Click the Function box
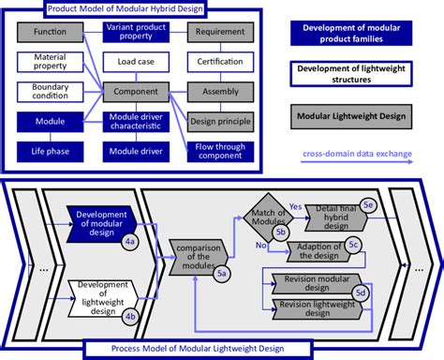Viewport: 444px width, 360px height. (49, 33)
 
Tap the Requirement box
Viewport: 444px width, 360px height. (219, 33)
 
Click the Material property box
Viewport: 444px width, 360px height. (49, 63)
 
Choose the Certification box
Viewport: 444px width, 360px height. (219, 63)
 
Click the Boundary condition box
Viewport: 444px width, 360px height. (49, 92)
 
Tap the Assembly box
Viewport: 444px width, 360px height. (219, 93)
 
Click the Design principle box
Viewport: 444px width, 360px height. (220, 121)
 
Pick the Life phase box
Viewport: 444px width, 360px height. (49, 152)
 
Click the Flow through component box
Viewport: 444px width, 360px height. (219, 150)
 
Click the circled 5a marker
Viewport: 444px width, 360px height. (221, 273)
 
